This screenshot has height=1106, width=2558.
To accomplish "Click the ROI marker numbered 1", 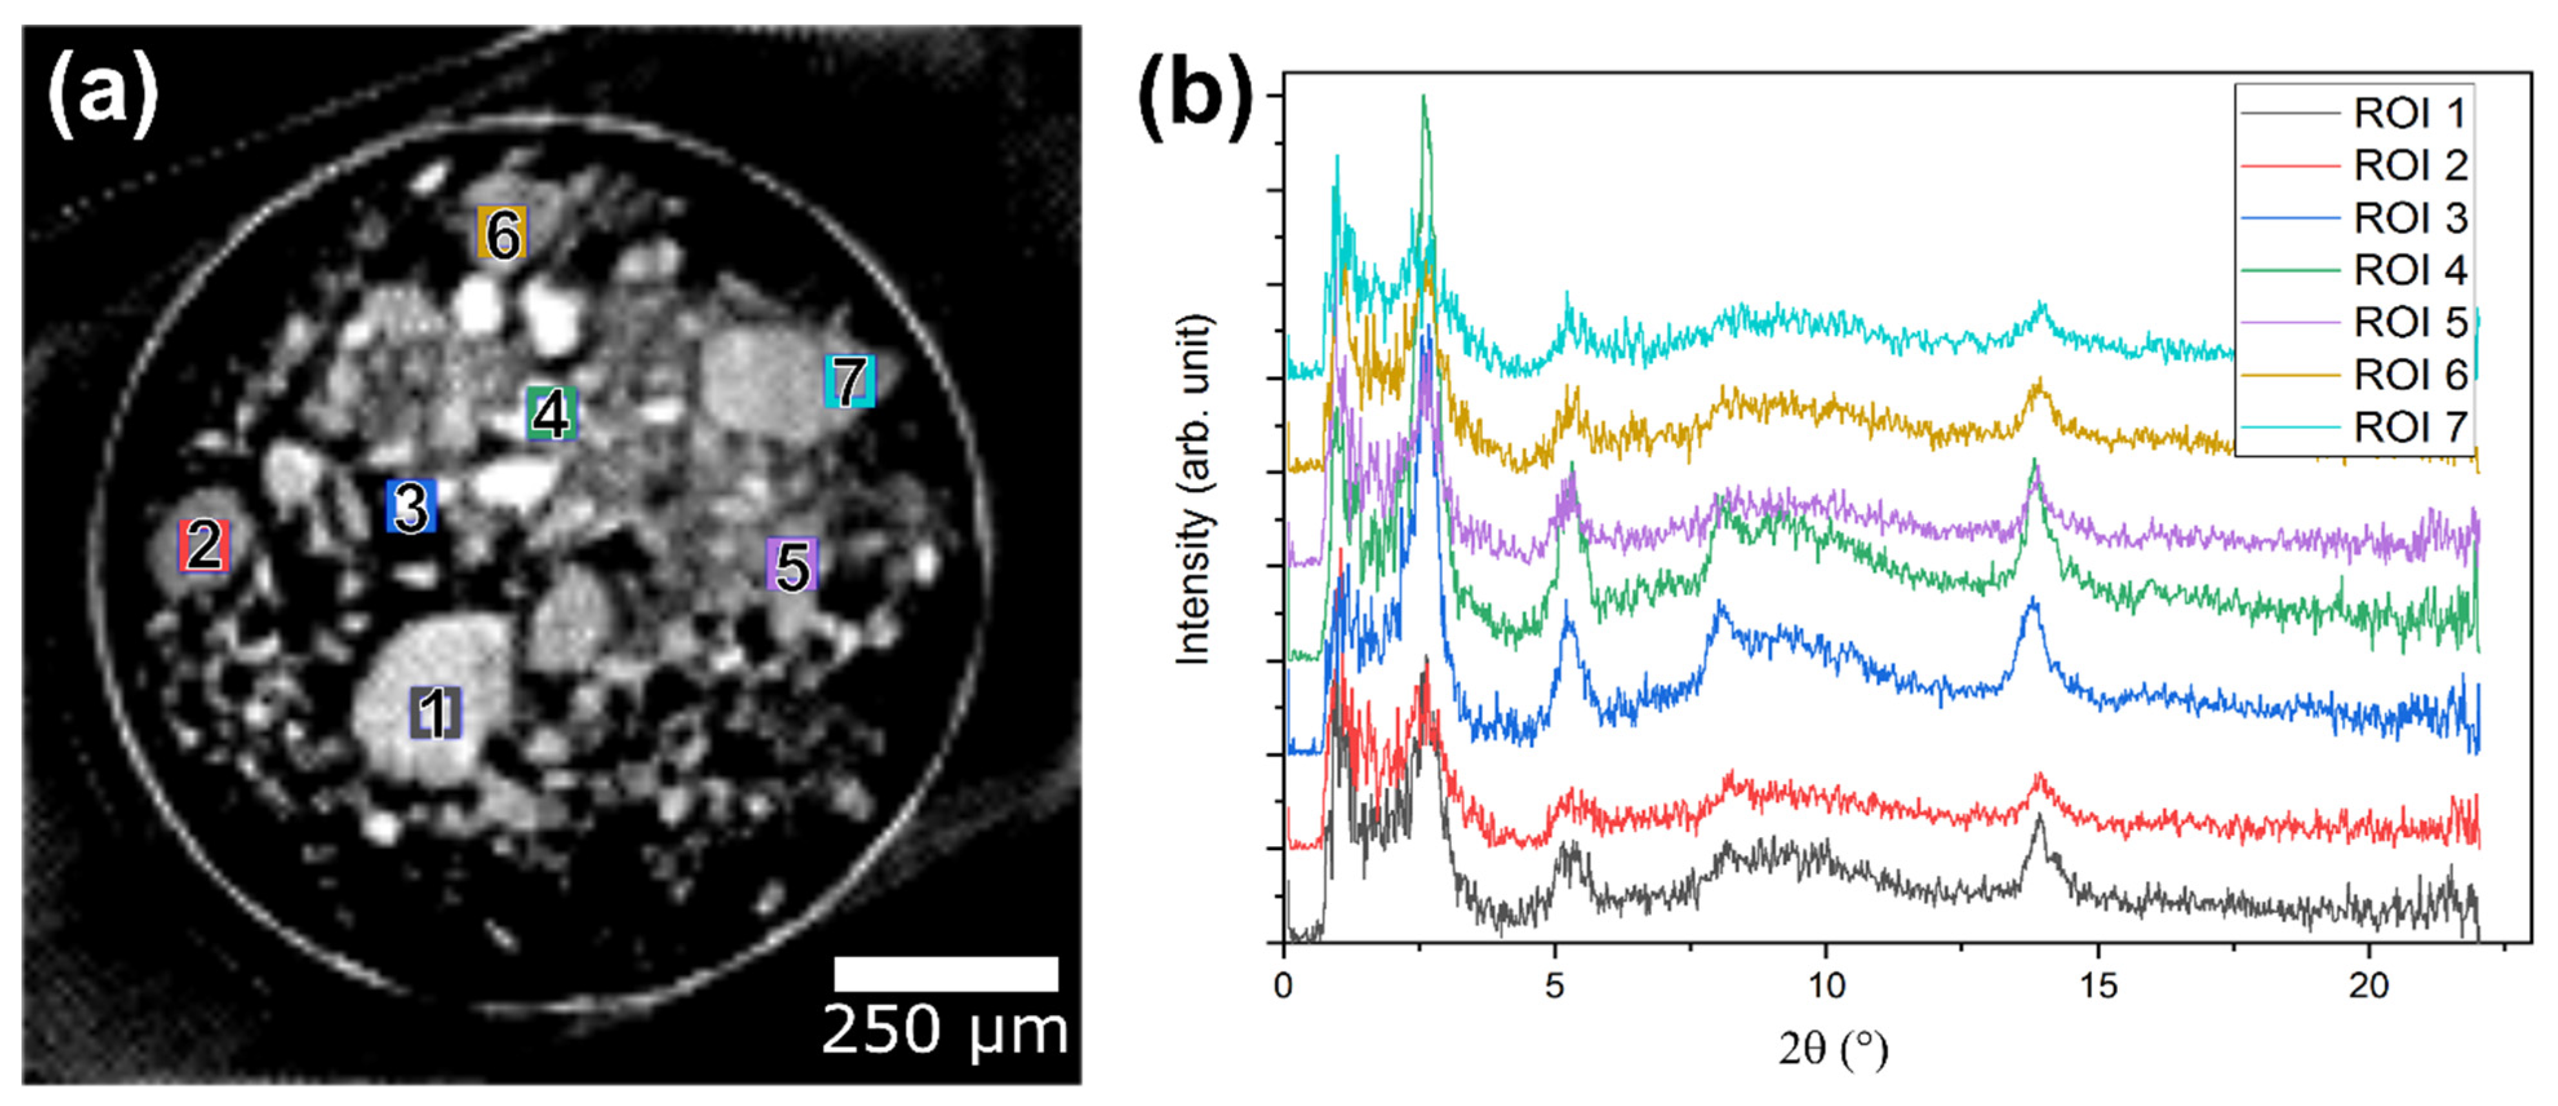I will tap(435, 712).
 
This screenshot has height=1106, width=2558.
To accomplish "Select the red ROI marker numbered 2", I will tap(203, 545).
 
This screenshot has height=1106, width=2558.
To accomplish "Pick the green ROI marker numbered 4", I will tap(551, 413).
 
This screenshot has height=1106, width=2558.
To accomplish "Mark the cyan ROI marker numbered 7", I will tap(850, 381).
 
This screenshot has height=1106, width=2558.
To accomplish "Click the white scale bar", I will tap(945, 973).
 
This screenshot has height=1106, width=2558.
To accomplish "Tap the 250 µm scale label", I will tap(944, 1031).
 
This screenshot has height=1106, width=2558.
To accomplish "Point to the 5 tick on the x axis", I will tap(1555, 985).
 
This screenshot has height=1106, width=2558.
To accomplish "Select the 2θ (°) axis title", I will tap(1832, 1049).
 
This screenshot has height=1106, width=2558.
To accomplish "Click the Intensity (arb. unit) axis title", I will tap(1194, 489).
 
